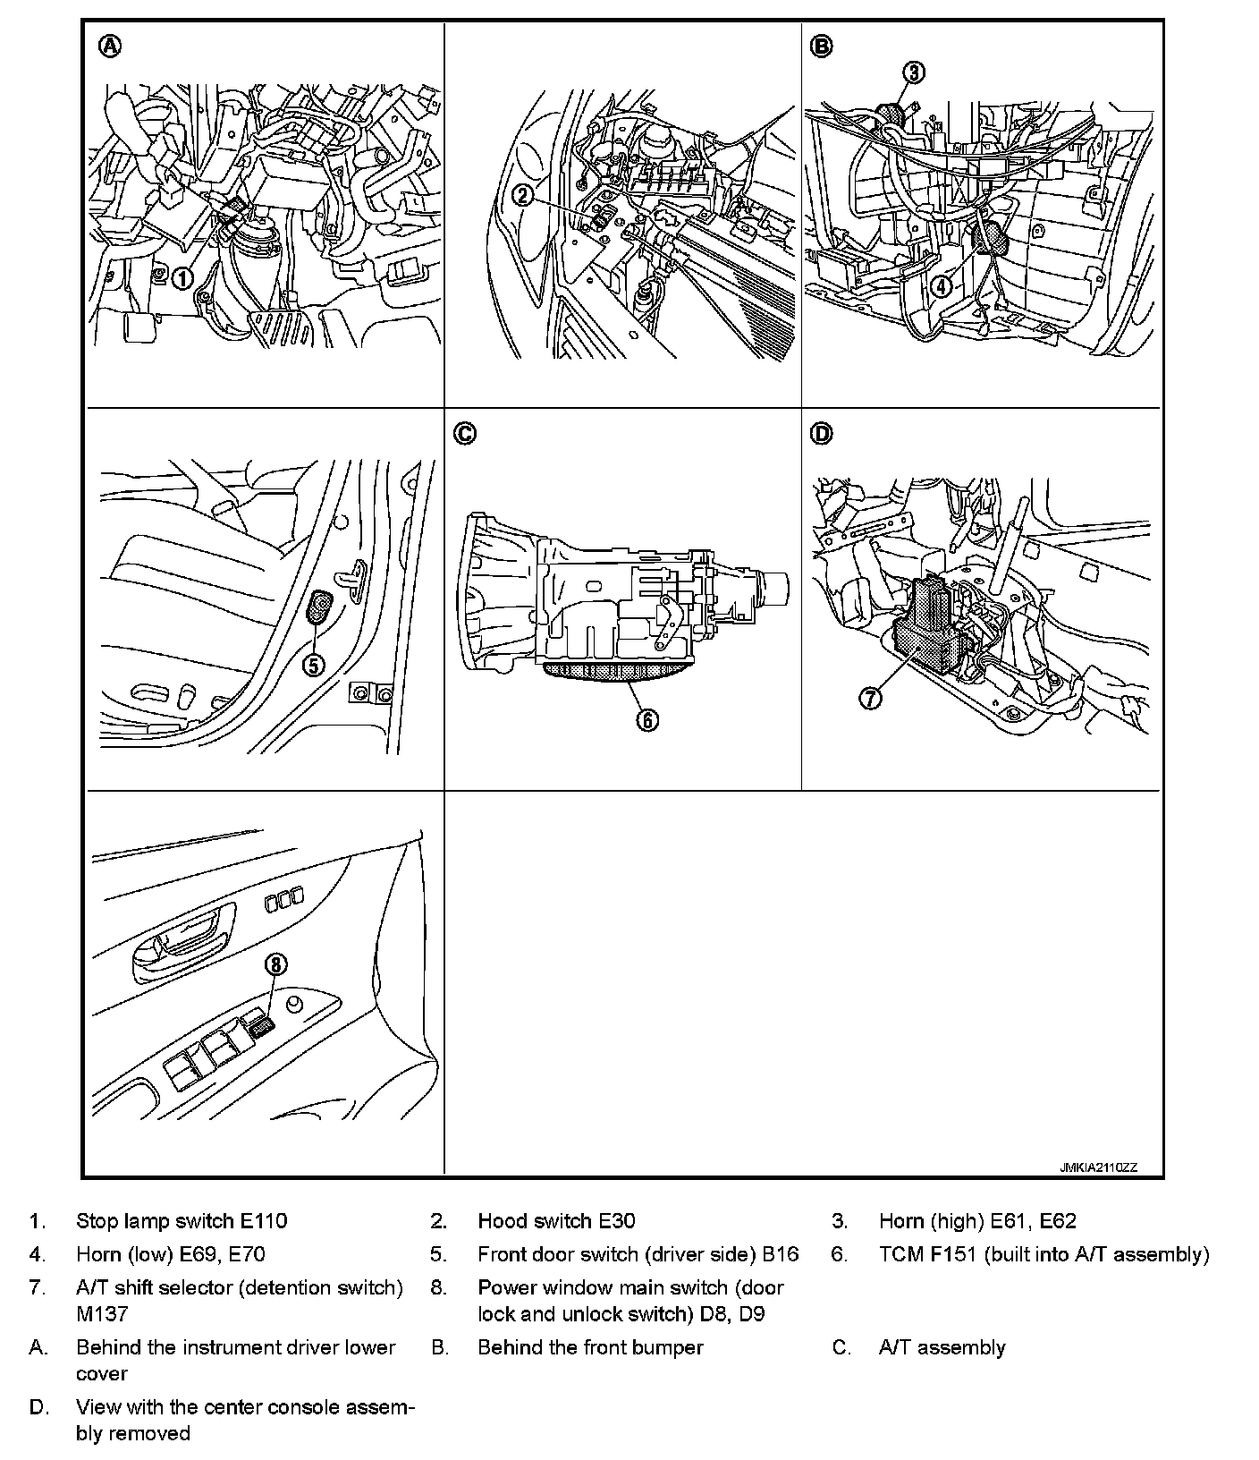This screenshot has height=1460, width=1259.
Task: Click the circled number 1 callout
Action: pyautogui.click(x=182, y=278)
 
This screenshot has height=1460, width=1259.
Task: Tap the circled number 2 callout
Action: pyautogui.click(x=525, y=194)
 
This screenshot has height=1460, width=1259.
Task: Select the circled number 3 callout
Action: pyautogui.click(x=912, y=72)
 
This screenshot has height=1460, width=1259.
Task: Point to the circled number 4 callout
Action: pyautogui.click(x=941, y=286)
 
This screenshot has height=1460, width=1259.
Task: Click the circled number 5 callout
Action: pyautogui.click(x=314, y=665)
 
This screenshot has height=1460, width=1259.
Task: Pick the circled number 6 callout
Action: pyautogui.click(x=646, y=718)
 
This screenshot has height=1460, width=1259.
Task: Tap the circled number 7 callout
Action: pyautogui.click(x=870, y=697)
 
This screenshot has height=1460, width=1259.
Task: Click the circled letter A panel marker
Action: pyautogui.click(x=109, y=47)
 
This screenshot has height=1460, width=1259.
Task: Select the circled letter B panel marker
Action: pyautogui.click(x=821, y=47)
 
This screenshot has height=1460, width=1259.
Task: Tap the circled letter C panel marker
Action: pyautogui.click(x=465, y=434)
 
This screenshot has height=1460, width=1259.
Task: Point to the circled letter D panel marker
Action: pyautogui.click(x=821, y=434)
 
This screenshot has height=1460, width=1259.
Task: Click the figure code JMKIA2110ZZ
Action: pyautogui.click(x=1098, y=1167)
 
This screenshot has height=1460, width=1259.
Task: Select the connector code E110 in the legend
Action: pyautogui.click(x=264, y=1221)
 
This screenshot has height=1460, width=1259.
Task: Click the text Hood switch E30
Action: pyautogui.click(x=556, y=1221)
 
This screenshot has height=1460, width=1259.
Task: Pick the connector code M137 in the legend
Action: pyautogui.click(x=102, y=1313)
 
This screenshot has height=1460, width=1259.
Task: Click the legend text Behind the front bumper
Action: pyautogui.click(x=590, y=1347)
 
